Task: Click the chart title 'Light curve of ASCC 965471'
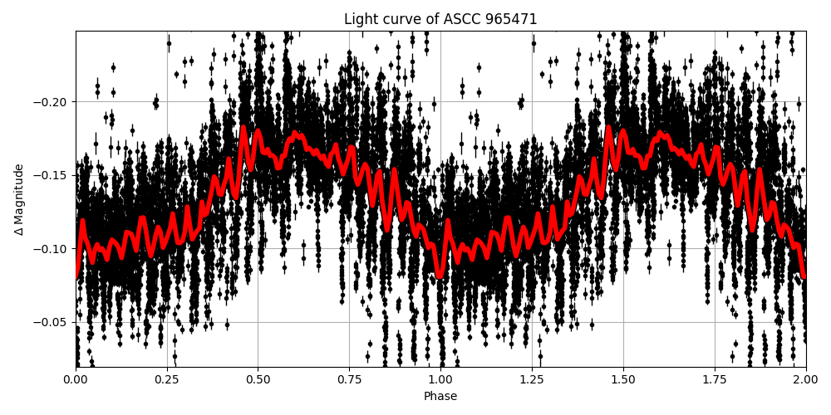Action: pos(440,19)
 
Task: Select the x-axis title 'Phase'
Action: pos(440,397)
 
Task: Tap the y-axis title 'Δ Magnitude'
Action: pos(19,199)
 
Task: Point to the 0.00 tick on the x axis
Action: pos(76,380)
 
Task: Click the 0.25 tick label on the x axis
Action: pos(167,380)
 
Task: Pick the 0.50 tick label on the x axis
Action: pos(258,380)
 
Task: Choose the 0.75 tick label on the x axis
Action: pos(349,380)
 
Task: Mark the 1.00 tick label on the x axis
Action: pos(440,380)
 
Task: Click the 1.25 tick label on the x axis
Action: pos(532,380)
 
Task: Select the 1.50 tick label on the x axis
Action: pos(623,380)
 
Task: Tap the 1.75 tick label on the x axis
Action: pos(715,380)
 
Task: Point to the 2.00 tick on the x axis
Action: pos(805,380)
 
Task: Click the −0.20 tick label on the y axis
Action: pos(53,102)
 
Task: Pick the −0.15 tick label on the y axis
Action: pos(53,175)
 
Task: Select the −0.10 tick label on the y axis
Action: pos(53,249)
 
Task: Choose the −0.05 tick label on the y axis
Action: pos(53,322)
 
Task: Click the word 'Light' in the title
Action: pos(361,19)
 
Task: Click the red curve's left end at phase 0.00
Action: pos(76,276)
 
